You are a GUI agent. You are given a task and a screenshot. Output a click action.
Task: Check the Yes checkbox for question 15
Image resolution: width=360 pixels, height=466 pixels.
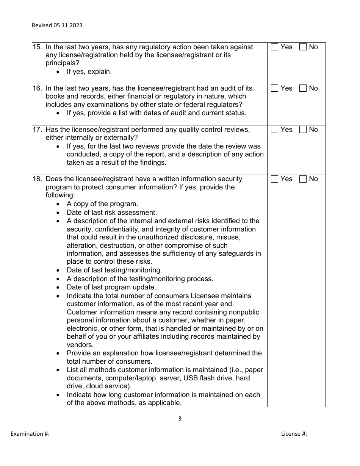tap(275, 47)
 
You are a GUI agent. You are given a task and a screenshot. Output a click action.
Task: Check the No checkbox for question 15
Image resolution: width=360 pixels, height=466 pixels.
tap(303, 47)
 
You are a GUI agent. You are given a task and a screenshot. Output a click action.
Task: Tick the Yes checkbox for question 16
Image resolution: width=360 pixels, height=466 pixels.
tap(275, 88)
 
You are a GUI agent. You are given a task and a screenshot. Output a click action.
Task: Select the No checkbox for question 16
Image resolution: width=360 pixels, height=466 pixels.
tap(303, 88)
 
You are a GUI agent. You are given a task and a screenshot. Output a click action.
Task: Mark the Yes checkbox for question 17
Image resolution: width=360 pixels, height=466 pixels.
tap(275, 130)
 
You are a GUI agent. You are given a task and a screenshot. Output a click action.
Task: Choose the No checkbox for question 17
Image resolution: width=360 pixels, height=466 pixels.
tap(303, 130)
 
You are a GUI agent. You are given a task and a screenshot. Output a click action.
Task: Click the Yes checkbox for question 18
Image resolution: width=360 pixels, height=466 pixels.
tap(275, 179)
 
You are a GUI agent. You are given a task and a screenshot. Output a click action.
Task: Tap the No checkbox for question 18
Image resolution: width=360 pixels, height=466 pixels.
tap(303, 179)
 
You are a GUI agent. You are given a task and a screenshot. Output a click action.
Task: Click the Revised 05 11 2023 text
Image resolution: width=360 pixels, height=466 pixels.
tap(57, 25)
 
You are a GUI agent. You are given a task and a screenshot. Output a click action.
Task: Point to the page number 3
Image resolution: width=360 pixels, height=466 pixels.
tap(180, 419)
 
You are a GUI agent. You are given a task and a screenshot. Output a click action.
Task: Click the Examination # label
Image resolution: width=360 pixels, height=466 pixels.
tap(30, 434)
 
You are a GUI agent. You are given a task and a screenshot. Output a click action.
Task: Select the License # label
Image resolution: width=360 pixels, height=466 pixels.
tap(294, 434)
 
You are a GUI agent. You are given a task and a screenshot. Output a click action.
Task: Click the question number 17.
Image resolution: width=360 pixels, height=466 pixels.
tap(37, 130)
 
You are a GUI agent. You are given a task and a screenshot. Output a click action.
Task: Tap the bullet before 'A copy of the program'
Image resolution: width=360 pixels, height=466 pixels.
tap(58, 204)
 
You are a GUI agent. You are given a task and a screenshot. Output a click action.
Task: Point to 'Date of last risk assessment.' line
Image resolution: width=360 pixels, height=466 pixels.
tap(112, 213)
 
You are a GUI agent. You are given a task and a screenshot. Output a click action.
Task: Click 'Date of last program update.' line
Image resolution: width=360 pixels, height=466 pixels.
tap(111, 287)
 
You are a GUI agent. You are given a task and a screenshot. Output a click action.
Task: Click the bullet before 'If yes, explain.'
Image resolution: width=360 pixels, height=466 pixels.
tap(58, 72)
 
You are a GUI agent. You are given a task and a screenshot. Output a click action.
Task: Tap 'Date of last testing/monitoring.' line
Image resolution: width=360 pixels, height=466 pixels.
tap(114, 270)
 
